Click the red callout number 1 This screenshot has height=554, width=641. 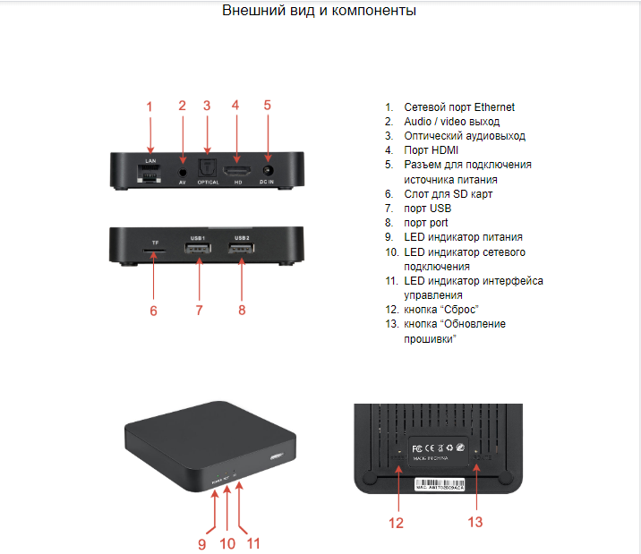coord(150,106)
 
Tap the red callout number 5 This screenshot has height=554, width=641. coord(267,105)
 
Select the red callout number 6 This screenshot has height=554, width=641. coord(153,311)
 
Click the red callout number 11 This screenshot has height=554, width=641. coord(253,542)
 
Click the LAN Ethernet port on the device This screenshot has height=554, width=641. coord(150,171)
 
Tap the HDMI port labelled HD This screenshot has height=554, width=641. coord(237,169)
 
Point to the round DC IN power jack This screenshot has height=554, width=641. coord(267,169)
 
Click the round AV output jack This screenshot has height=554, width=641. coord(183,170)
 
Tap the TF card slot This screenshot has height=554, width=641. coord(154,252)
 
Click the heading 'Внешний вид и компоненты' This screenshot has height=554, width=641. coord(319,12)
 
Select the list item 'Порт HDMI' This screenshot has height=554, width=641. coord(432,150)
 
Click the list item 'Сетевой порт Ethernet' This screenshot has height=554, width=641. coord(458,107)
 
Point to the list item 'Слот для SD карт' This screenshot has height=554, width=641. coord(448,193)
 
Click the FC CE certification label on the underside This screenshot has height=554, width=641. coord(436,447)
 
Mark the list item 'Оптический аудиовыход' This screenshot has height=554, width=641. coord(464,136)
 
